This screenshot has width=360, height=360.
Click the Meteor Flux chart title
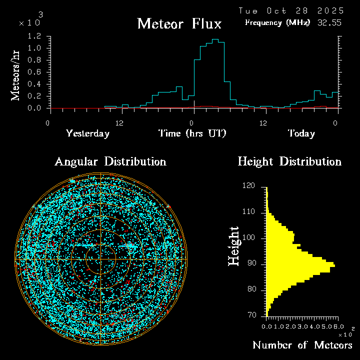(x=179, y=23)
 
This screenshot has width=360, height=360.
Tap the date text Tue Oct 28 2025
(x=291, y=10)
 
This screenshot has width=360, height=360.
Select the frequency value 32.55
(x=330, y=22)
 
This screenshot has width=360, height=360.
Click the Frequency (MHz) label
(x=277, y=22)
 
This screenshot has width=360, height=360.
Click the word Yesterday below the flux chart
(x=87, y=133)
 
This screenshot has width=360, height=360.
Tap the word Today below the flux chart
(x=301, y=133)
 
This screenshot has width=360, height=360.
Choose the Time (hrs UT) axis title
(x=192, y=133)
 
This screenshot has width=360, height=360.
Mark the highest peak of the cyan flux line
(x=215, y=39)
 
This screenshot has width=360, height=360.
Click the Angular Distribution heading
(x=110, y=161)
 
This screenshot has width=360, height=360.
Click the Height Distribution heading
(x=289, y=161)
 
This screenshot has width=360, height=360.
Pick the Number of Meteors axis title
(x=302, y=345)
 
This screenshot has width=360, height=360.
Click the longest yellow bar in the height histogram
(x=300, y=265)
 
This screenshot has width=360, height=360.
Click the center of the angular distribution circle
(x=100, y=259)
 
